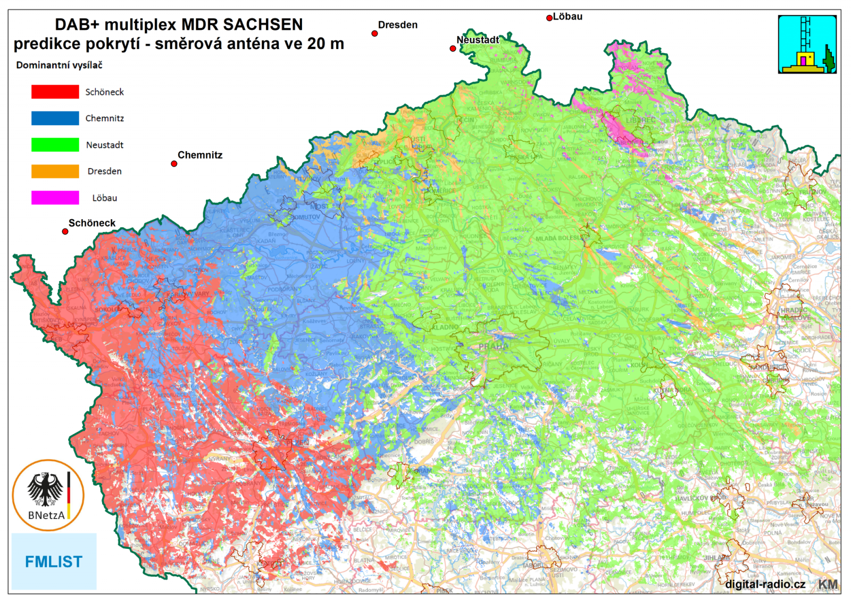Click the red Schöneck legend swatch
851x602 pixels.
tap(55, 92)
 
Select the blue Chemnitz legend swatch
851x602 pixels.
tap(55, 118)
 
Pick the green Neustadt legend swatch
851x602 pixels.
tap(55, 145)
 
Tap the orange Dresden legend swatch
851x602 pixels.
tap(55, 171)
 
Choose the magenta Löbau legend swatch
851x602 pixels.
tap(55, 197)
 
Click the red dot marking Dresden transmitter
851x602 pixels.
tap(374, 34)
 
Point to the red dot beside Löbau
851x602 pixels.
tap(549, 18)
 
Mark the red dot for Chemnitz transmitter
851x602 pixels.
tap(174, 164)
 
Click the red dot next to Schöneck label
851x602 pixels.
tap(65, 232)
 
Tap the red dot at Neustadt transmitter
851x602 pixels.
tap(453, 48)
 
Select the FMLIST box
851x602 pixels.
tap(54, 562)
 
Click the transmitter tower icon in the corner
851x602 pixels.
tap(807, 44)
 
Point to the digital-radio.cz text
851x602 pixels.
tap(765, 584)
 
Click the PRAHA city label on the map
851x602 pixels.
tap(493, 347)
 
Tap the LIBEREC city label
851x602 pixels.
tap(640, 120)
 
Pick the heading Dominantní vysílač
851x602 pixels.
tap(59, 65)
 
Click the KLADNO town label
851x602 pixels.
tap(445, 327)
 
